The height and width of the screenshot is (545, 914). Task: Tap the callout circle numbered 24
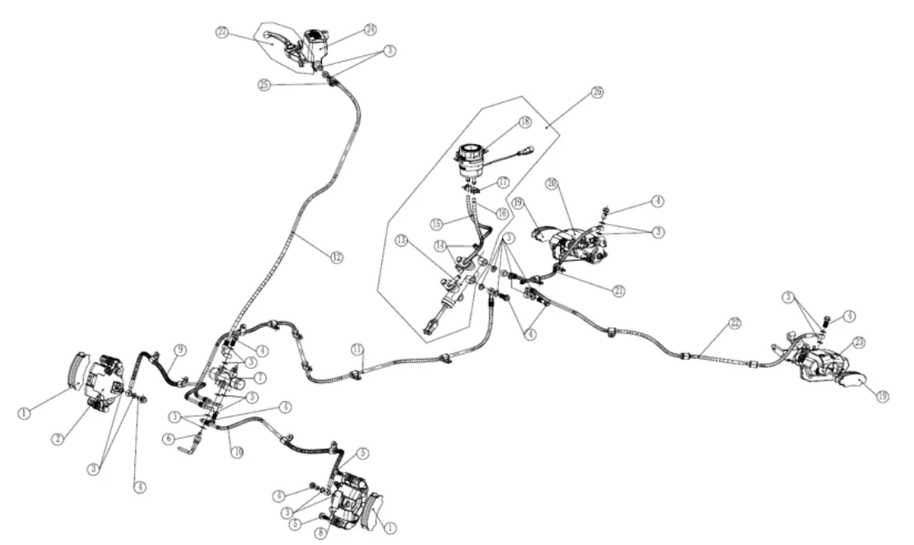pyautogui.click(x=371, y=30)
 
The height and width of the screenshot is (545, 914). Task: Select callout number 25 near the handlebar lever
pyautogui.click(x=263, y=84)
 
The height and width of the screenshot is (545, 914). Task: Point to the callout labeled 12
pyautogui.click(x=336, y=257)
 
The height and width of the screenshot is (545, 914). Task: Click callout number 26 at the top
pyautogui.click(x=597, y=92)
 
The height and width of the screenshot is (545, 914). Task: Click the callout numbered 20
pyautogui.click(x=551, y=184)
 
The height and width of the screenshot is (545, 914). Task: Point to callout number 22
pyautogui.click(x=734, y=323)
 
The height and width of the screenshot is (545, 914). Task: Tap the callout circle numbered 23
pyautogui.click(x=858, y=342)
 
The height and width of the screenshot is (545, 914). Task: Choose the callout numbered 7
pyautogui.click(x=259, y=378)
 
